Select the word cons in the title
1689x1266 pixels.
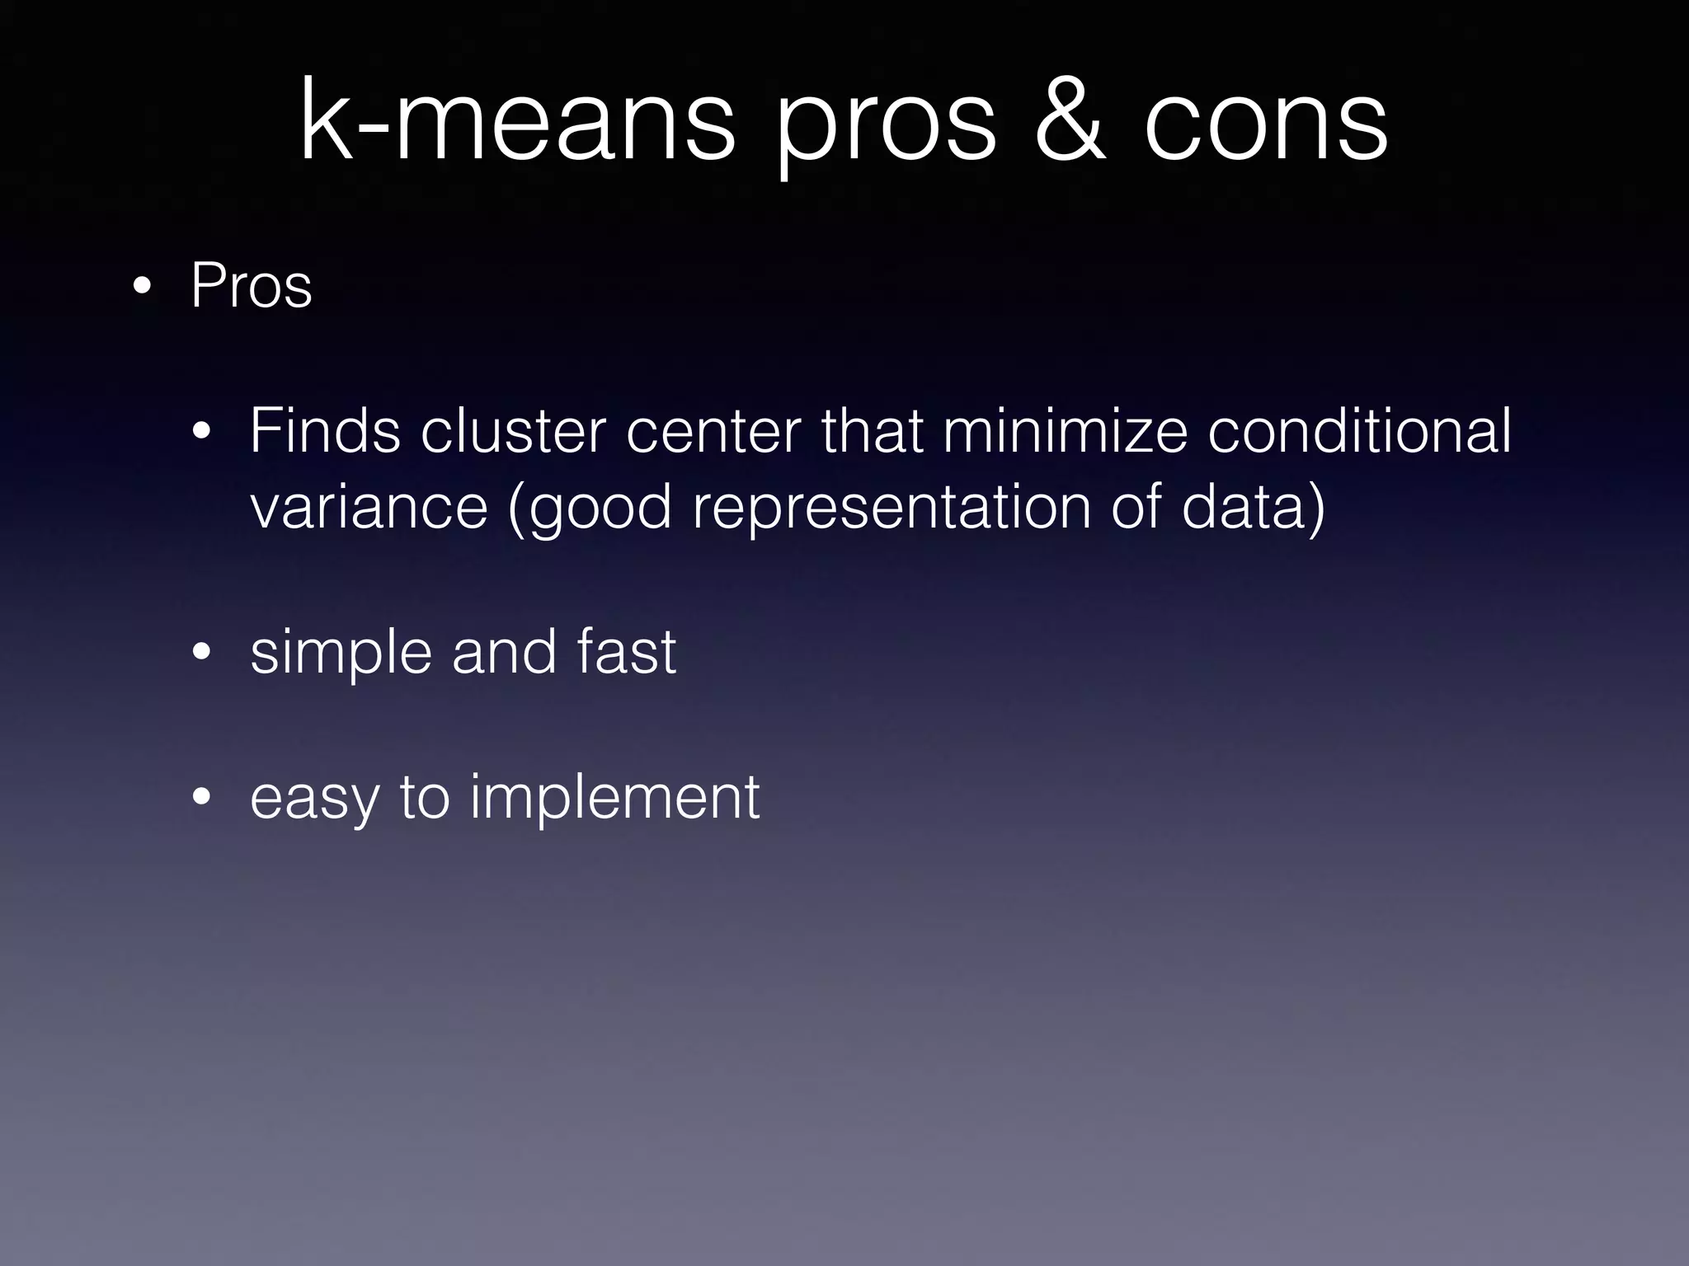click(x=1266, y=124)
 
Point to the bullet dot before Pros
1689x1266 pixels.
click(x=142, y=287)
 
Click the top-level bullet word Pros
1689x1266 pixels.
click(x=252, y=285)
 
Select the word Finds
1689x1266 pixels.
click(x=325, y=430)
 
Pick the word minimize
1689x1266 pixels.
click(x=1065, y=430)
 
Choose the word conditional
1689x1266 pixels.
click(x=1360, y=430)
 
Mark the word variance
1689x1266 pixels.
click(x=369, y=506)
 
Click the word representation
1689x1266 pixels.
click(x=892, y=508)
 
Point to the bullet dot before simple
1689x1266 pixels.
click(x=201, y=653)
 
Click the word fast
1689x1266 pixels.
click(x=627, y=651)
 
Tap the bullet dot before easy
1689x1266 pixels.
click(x=201, y=797)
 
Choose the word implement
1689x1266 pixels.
click(x=615, y=798)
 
